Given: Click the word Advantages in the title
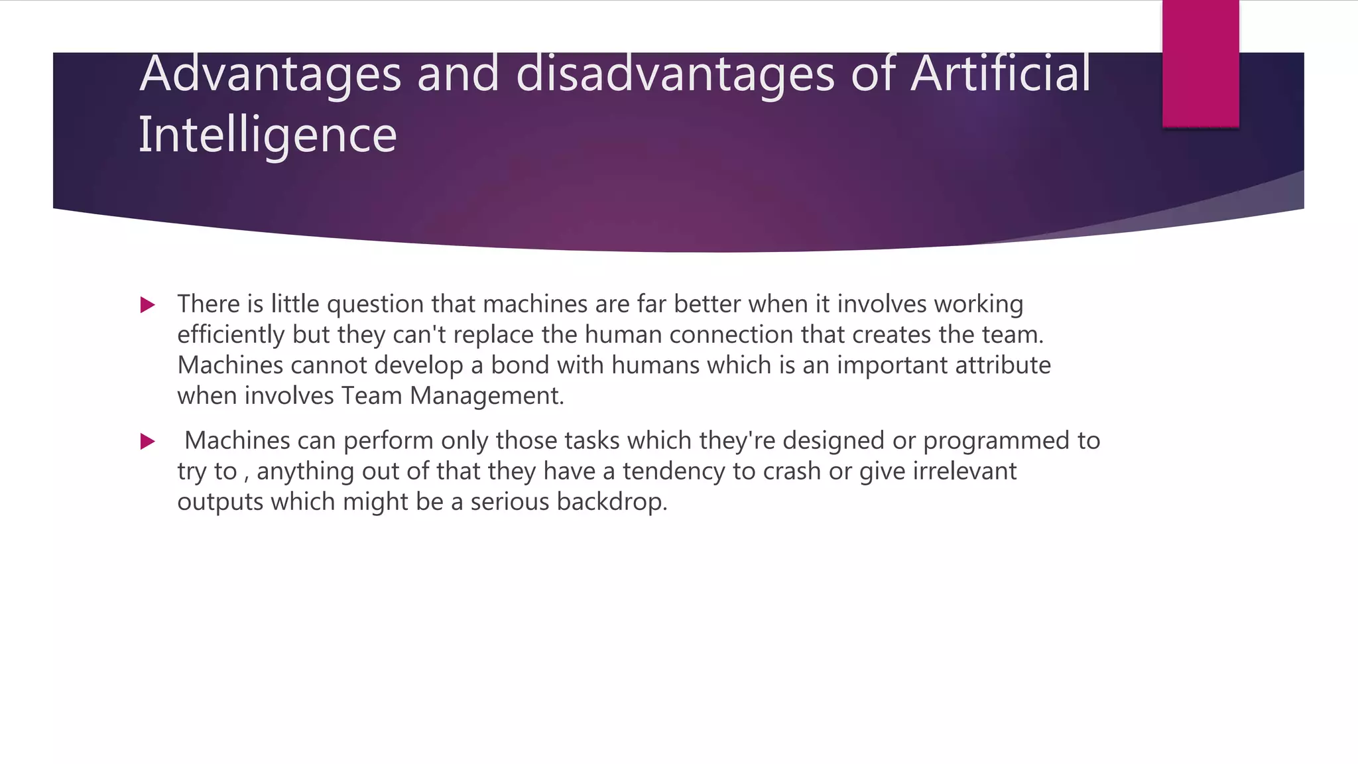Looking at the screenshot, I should pos(270,74).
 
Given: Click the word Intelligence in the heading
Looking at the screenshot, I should pos(267,135).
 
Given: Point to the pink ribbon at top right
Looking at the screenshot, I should pos(1200,63).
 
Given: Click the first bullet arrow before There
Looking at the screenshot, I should pos(148,305).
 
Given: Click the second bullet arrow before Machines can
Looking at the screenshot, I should pos(148,442).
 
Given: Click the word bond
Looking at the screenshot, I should pos(520,365).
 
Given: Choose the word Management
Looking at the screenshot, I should pos(486,397).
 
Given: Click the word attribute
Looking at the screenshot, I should pos(1003,365).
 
